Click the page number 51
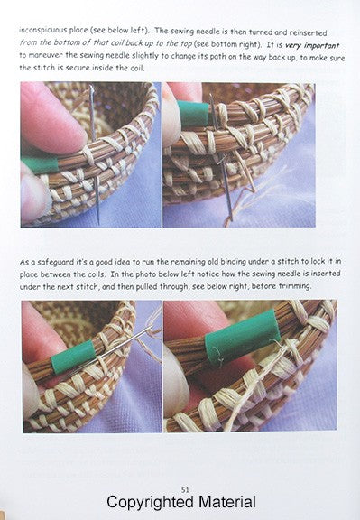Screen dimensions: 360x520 coord(185,490)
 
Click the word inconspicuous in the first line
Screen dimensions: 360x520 coord(43,30)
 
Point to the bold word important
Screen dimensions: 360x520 coord(321,45)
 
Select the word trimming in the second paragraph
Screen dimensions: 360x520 coord(295,286)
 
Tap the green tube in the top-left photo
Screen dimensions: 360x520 coord(40,165)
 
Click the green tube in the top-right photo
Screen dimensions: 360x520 coord(193,114)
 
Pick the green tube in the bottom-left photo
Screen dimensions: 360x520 coord(74,357)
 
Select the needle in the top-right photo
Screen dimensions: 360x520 coord(221,156)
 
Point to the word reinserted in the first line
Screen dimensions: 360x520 coord(308,32)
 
